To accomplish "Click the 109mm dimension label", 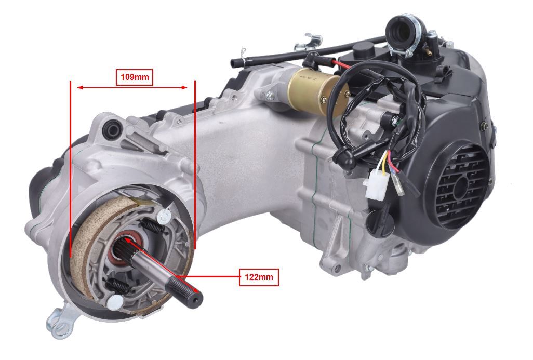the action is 135,77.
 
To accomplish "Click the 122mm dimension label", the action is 259,277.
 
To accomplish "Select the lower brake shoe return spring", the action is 118,286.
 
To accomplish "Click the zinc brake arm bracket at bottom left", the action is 61,320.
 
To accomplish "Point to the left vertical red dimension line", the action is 70,169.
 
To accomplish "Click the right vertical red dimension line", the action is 195,165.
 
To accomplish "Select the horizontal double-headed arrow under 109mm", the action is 132,88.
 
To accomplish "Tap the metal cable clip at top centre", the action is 308,42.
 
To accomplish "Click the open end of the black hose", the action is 234,63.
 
